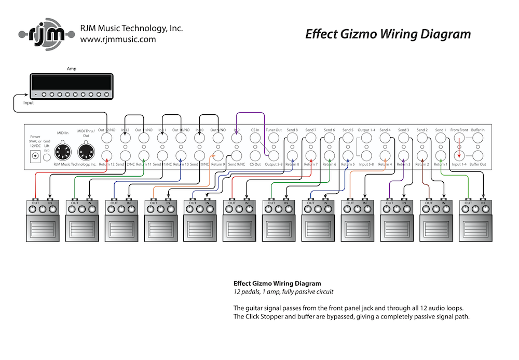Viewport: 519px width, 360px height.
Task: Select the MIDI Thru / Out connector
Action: (86, 151)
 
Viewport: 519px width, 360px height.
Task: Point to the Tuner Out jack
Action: (274, 139)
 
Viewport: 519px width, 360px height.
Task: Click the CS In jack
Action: (255, 139)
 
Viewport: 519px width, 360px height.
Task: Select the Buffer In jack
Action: (477, 139)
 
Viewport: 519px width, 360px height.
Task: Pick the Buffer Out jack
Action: (477, 155)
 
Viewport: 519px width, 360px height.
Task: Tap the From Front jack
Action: (459, 139)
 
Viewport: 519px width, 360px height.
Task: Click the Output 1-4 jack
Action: (366, 139)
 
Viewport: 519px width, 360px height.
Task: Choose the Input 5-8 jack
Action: (366, 155)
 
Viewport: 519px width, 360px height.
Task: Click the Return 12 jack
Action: (106, 155)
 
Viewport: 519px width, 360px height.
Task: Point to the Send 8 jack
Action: (292, 139)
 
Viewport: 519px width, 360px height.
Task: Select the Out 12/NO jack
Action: (106, 139)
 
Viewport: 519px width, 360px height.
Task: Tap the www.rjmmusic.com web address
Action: (118, 39)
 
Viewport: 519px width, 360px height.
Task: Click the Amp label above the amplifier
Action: (71, 69)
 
